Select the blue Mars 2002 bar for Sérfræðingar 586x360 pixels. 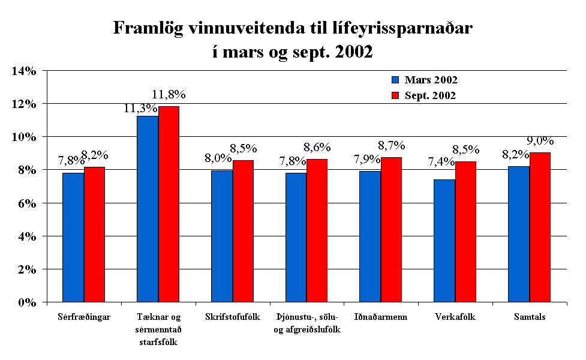[x=74, y=237]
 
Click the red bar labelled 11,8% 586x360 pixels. [x=169, y=204]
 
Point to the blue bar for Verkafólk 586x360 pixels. [x=444, y=240]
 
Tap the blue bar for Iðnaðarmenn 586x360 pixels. [x=370, y=236]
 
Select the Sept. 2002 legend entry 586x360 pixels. [x=423, y=95]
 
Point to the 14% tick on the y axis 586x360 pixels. [x=24, y=71]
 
